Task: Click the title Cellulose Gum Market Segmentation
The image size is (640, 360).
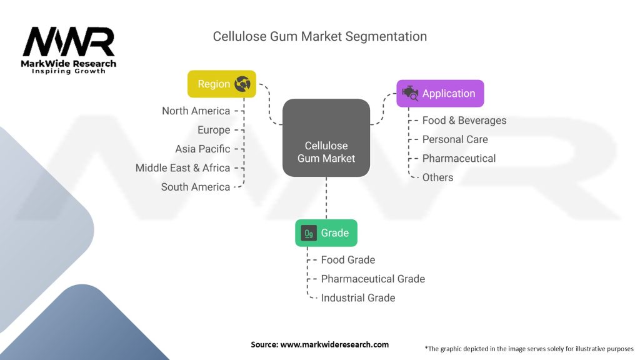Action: tap(319, 36)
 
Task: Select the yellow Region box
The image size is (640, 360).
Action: tap(222, 84)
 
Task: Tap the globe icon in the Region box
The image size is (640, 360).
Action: tap(242, 84)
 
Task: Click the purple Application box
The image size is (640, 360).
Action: tap(440, 94)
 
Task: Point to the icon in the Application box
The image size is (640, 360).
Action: tap(410, 94)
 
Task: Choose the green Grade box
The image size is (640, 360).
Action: tap(326, 233)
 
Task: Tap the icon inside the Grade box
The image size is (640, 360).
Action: tap(309, 233)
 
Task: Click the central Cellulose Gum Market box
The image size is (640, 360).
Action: tap(326, 137)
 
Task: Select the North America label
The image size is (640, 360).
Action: tap(196, 111)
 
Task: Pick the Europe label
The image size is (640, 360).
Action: tap(214, 130)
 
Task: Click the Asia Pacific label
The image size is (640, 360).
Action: tap(202, 149)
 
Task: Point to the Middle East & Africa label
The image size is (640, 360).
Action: tap(182, 167)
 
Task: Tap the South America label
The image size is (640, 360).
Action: tap(196, 187)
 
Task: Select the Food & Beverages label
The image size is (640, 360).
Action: tap(464, 121)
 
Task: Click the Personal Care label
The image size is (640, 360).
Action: tap(455, 139)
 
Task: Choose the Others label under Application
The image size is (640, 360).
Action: tap(437, 177)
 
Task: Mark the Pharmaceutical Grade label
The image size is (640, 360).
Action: tap(372, 279)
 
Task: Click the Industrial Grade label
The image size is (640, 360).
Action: tap(358, 298)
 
